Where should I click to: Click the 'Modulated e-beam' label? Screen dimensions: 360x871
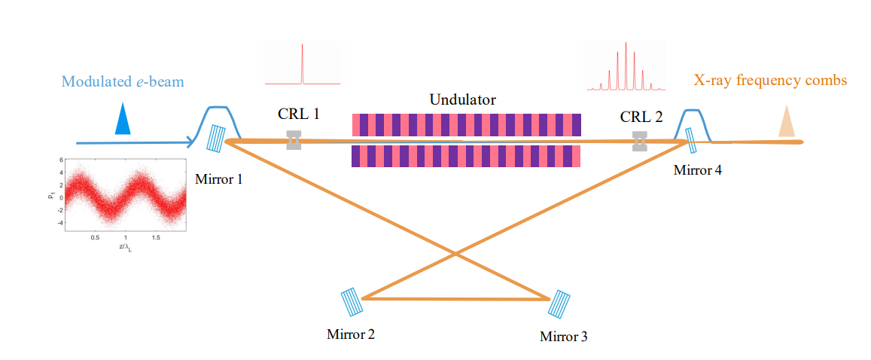[x=122, y=81]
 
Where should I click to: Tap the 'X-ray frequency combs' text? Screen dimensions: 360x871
[x=770, y=80]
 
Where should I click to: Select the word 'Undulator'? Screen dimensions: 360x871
[x=462, y=99]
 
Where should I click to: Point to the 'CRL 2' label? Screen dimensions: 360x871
[x=641, y=117]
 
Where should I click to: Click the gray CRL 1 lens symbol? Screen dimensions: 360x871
[x=294, y=139]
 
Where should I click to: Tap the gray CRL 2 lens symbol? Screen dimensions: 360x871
[x=639, y=141]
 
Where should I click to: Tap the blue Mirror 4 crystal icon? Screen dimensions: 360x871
[x=691, y=140]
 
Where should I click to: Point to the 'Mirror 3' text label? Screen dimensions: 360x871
[x=563, y=336]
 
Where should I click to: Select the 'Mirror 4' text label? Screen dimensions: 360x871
[x=697, y=170]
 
